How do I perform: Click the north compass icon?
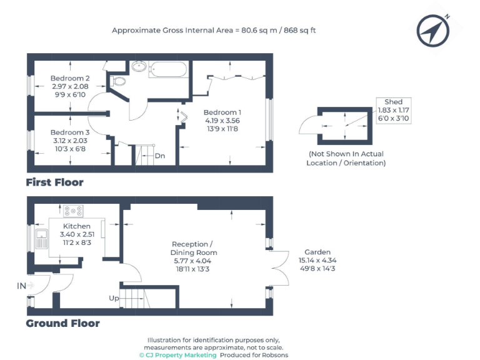coord(433,30)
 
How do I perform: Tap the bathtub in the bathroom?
coord(168,69)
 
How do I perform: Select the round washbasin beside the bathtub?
coord(139,66)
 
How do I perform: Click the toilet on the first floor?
coord(118,81)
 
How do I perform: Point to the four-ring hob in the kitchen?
coord(73,211)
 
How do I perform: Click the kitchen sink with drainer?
coord(42,239)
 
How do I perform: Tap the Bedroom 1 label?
coord(222,112)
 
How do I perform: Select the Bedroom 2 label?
coord(70,78)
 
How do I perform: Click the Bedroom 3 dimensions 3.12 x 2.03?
coord(70,141)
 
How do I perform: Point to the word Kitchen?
coord(76,226)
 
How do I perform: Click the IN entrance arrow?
coord(31,286)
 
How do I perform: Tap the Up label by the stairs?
coord(114,298)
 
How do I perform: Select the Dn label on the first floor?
coord(160,156)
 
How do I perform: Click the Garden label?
coord(317,252)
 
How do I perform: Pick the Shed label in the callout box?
coord(393,102)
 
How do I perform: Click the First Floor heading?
coord(54,182)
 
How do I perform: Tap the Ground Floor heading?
coord(62,323)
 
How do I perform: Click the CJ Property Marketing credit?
coord(178,355)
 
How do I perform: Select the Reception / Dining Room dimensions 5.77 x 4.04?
coord(192,261)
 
